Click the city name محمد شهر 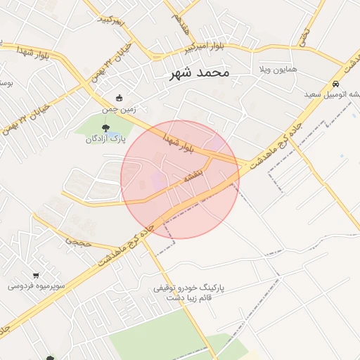click(199, 73)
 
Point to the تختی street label click(304, 37)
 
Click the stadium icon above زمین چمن click(119, 98)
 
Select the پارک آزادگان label click(105, 139)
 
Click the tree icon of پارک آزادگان click(105, 128)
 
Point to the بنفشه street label click(193, 175)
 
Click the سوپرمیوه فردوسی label click(37, 286)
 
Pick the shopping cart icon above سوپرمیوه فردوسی click(36, 275)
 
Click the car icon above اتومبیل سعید click(335, 83)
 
